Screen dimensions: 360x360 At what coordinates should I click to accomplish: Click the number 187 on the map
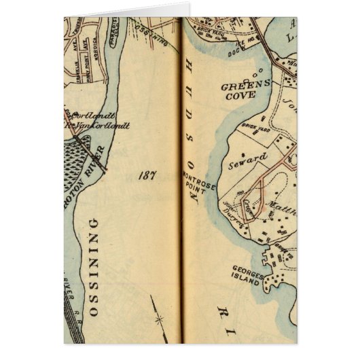(146, 175)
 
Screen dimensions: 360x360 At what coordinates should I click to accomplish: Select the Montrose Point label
(190, 185)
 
